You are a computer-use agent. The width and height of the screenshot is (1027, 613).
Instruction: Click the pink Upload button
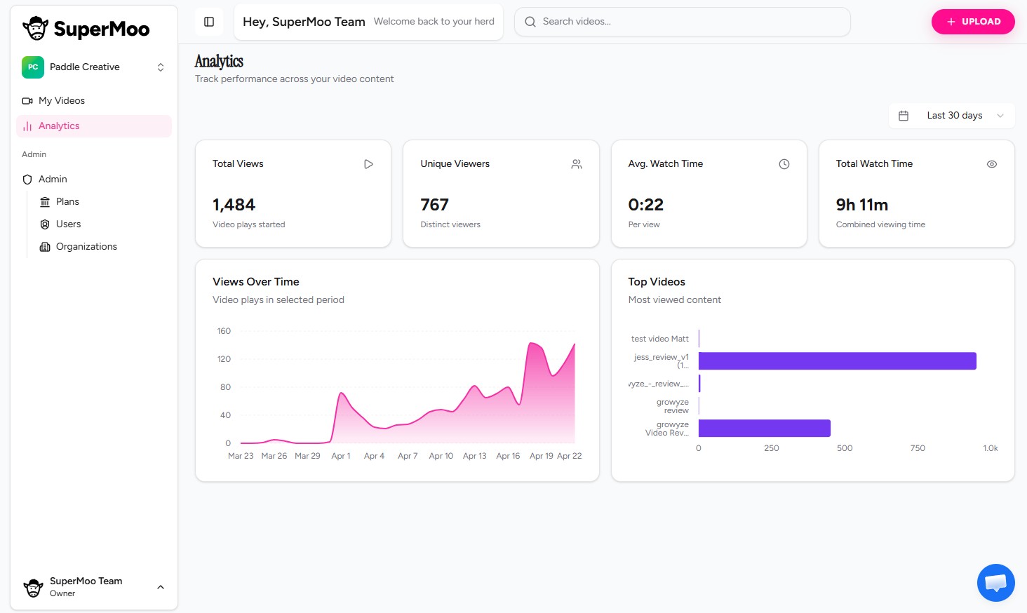[x=972, y=22]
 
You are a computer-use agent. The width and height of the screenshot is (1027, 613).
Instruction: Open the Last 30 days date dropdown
[x=951, y=116]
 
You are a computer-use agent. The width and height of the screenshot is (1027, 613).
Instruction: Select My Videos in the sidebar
[x=62, y=101]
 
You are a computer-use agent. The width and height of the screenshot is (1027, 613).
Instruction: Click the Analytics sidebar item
[x=59, y=126]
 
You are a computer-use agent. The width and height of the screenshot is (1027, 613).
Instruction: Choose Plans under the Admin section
[x=67, y=202]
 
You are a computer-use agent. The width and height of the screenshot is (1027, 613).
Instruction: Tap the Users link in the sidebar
[x=68, y=224]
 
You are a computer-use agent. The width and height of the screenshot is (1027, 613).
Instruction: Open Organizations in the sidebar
[x=86, y=247]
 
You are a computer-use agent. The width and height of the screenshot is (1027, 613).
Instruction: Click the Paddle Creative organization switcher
[x=93, y=67]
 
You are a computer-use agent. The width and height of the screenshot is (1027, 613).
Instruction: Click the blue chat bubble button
[x=995, y=582]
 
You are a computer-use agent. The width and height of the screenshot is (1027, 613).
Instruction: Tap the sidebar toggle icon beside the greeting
[x=209, y=22]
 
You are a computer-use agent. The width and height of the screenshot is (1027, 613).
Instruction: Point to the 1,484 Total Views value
[x=234, y=205]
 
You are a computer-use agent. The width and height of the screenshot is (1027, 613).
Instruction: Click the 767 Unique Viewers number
[x=434, y=205]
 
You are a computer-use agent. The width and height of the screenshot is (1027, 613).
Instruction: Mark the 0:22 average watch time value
[x=645, y=205]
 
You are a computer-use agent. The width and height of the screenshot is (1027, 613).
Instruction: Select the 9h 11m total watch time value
[x=861, y=205]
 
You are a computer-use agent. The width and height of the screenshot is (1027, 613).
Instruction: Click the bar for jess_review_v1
[x=837, y=361]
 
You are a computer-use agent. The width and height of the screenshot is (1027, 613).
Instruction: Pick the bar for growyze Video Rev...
[x=764, y=429]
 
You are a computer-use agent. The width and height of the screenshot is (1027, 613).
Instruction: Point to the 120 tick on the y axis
[x=224, y=359]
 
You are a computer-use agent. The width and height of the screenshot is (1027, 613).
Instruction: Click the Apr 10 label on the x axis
[x=441, y=456]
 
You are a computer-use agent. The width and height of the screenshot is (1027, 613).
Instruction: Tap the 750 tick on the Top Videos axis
[x=917, y=448]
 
